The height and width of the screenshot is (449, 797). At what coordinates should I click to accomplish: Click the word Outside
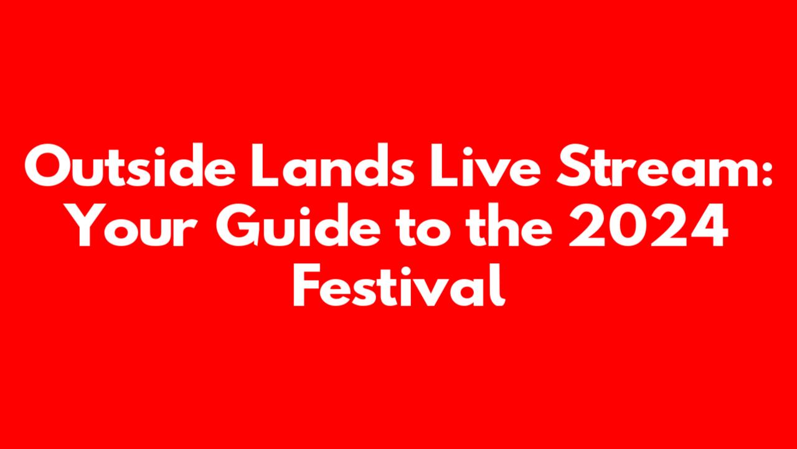pos(130,165)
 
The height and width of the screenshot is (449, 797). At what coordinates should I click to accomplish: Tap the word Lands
pos(332,165)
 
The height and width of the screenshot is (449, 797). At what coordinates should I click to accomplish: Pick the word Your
pos(131,225)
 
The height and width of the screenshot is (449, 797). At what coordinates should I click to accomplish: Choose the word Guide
pos(298,224)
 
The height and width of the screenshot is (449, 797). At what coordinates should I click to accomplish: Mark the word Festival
pos(399,284)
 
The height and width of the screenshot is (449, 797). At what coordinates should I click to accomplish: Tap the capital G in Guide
pos(237,225)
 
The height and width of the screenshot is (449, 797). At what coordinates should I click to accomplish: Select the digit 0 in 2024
pos(628,225)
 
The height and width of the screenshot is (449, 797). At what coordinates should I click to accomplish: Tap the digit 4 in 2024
pos(707,225)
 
